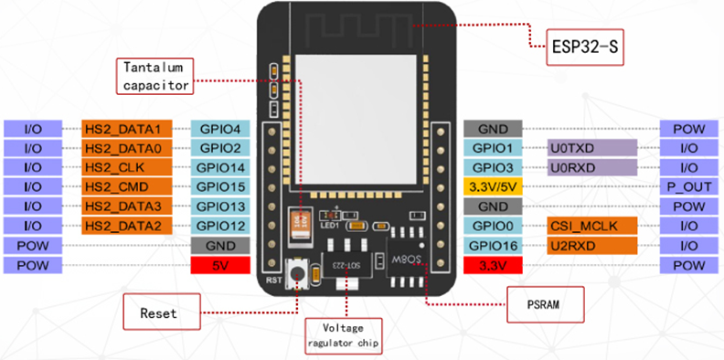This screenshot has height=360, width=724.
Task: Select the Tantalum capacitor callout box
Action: (156, 77)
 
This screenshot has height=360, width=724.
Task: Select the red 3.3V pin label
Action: (493, 265)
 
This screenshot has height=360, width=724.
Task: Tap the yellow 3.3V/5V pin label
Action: (493, 186)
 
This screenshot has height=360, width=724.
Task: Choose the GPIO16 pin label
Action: (493, 245)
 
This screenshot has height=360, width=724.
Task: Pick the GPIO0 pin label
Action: (493, 226)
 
